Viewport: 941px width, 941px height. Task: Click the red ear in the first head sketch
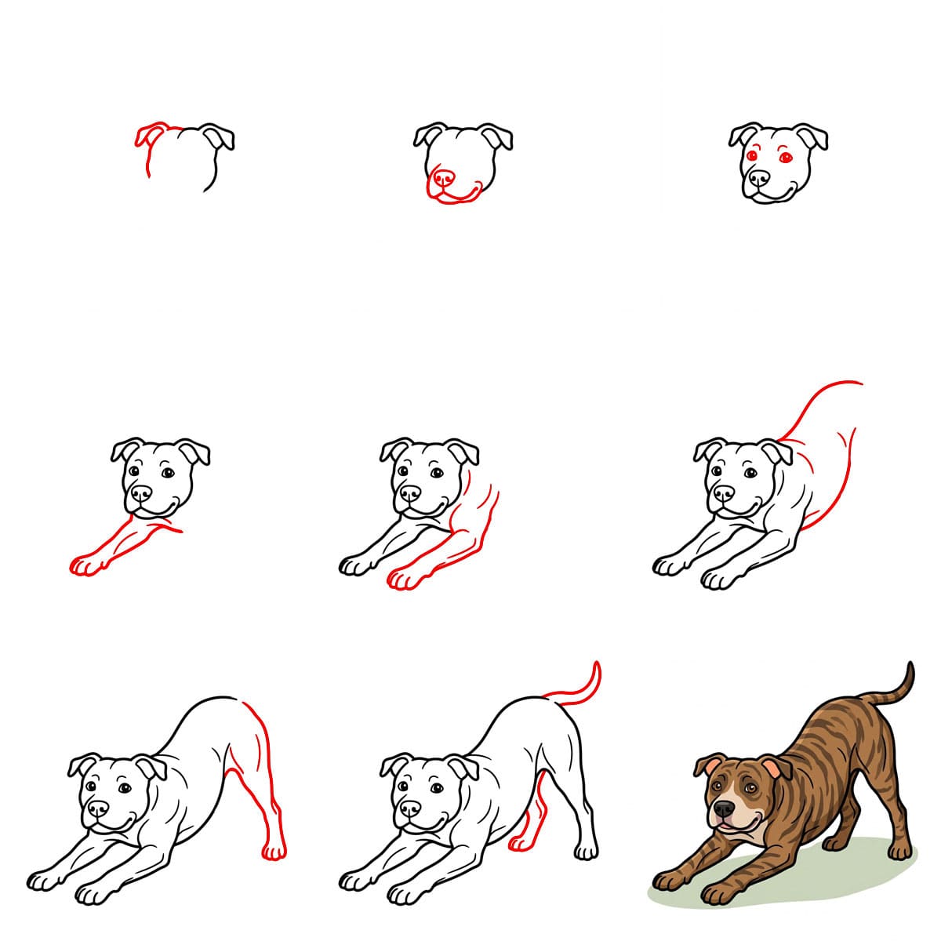149,134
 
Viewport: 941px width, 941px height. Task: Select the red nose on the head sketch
444,178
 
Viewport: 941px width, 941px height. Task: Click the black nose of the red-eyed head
758,178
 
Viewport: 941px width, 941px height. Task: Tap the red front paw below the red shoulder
406,579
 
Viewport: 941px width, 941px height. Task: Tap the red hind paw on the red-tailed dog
521,843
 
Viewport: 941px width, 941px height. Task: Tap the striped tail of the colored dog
902,690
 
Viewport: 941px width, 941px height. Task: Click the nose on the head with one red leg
141,493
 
